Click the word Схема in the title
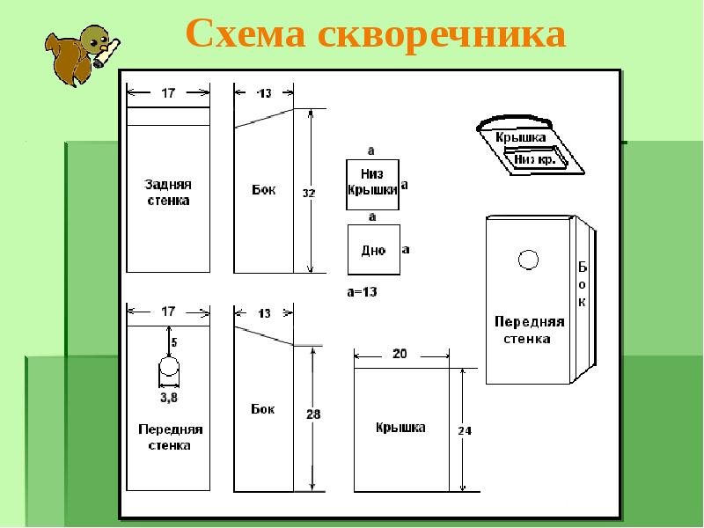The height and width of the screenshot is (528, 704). [x=246, y=33]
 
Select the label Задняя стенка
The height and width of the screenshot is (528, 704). [x=168, y=192]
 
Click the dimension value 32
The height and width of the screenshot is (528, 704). [x=309, y=194]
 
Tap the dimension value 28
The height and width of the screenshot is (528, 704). [x=313, y=414]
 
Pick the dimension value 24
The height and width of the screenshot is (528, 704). [x=465, y=431]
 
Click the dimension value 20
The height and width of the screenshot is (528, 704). [x=400, y=354]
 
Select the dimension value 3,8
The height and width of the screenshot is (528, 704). [x=169, y=398]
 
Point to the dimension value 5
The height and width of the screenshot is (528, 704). [x=174, y=342]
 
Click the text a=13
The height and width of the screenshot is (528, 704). [x=362, y=292]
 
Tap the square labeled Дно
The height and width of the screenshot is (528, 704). [x=374, y=250]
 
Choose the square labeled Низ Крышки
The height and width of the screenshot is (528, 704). [x=372, y=185]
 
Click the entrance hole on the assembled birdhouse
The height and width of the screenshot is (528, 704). [x=528, y=260]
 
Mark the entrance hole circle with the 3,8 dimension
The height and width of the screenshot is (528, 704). [x=169, y=366]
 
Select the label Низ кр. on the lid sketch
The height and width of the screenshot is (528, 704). [x=535, y=159]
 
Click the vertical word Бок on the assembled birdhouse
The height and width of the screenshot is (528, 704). [x=582, y=284]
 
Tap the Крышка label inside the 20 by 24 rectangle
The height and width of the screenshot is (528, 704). [x=400, y=428]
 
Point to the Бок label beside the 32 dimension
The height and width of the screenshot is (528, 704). [x=263, y=189]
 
